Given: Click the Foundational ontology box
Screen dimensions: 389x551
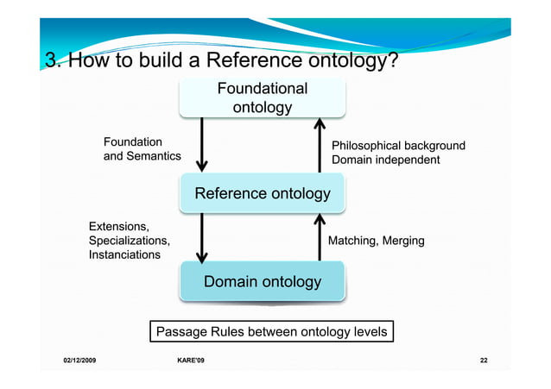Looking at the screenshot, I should tap(262, 97).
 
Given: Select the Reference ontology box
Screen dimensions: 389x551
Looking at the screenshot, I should tap(262, 193).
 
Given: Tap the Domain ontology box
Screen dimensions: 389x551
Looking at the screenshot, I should tap(262, 282).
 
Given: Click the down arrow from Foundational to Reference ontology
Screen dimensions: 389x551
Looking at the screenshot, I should tap(202, 144).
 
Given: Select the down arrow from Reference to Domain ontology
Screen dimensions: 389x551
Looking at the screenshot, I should tap(202, 238).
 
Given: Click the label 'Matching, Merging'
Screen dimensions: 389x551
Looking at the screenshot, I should tap(376, 241).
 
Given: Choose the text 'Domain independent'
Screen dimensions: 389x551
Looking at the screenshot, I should tap(385, 160).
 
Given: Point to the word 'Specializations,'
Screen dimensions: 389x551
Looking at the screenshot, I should tap(129, 241).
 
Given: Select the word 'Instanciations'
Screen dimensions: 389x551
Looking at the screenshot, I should tap(124, 255).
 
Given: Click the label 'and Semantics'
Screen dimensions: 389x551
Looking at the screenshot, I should tap(142, 156).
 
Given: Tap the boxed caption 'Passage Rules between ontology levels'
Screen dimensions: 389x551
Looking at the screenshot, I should tap(270, 331).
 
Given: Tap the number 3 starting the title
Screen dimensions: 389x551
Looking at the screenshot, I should tap(50, 61).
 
